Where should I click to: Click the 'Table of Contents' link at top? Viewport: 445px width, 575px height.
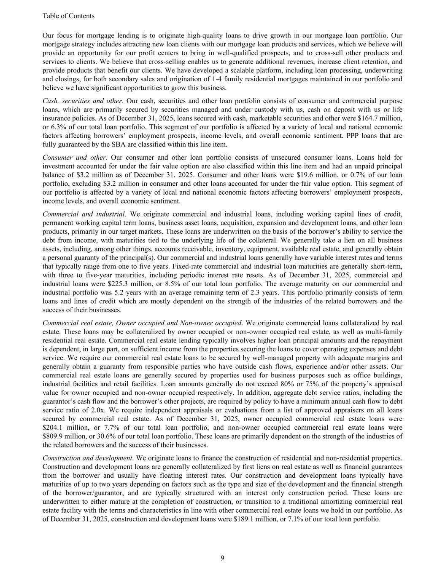[68, 16]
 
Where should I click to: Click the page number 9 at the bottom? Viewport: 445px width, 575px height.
[222, 558]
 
